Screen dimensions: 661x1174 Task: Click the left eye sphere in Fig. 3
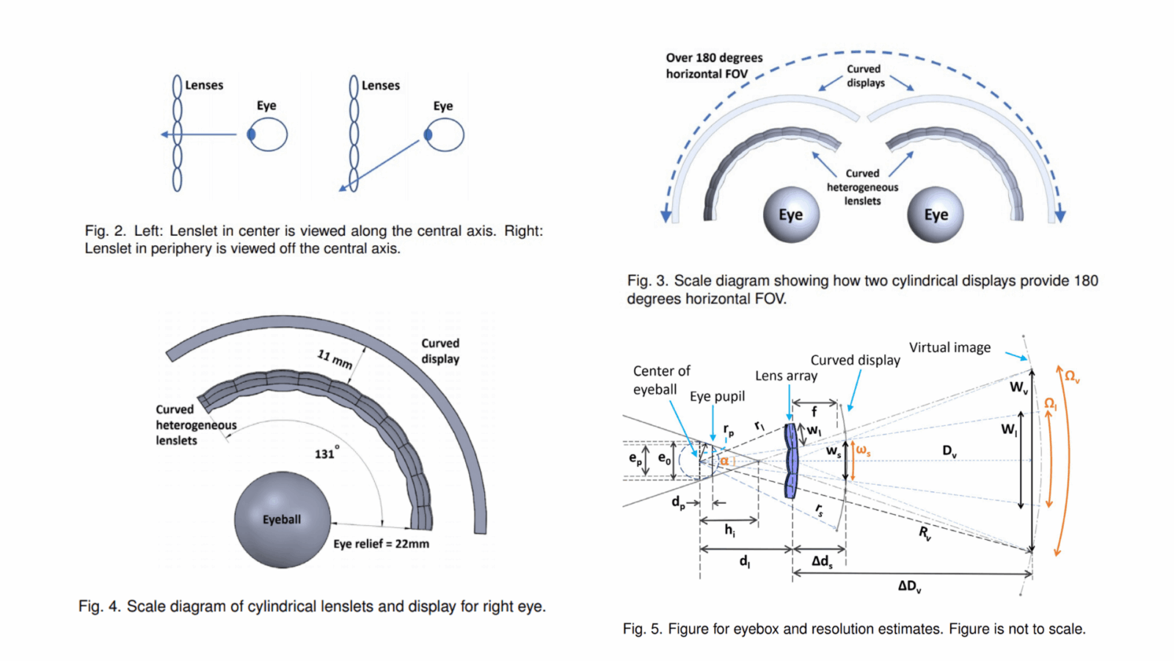[791, 214]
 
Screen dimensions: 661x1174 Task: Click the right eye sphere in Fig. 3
[936, 214]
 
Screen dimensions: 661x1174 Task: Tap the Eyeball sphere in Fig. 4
[282, 519]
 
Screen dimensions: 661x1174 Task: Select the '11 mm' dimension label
[335, 358]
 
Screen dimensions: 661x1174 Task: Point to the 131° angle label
[327, 453]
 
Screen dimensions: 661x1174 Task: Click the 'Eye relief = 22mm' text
[381, 543]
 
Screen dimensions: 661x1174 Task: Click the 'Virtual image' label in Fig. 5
[949, 347]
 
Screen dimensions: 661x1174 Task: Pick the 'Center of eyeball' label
[661, 380]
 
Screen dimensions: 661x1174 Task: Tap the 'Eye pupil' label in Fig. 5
[717, 397]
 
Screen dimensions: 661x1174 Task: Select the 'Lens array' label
[786, 376]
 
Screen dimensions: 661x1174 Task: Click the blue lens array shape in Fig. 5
[790, 461]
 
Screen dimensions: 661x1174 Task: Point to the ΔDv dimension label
[909, 586]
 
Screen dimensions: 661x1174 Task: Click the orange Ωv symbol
[1072, 377]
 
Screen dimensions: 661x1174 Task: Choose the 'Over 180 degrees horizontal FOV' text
[714, 65]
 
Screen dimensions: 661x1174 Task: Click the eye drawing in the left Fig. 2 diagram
[267, 134]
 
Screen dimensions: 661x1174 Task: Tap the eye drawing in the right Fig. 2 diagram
[444, 134]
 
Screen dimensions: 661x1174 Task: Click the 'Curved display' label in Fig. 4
[440, 351]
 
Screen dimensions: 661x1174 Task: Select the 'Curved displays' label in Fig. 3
[865, 76]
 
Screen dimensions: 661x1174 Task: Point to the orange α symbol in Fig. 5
[724, 460]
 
